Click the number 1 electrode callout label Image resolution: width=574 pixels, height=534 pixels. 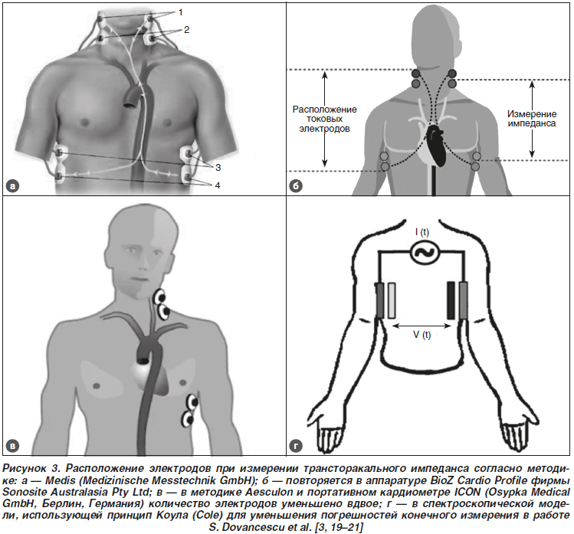(x=180, y=12)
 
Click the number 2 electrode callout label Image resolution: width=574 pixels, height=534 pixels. (x=187, y=30)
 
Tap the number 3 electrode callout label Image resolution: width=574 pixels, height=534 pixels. (x=218, y=167)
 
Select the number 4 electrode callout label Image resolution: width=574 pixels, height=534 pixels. (x=218, y=185)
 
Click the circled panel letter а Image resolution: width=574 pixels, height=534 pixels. (x=13, y=186)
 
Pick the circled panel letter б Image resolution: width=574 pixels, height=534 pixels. (x=296, y=186)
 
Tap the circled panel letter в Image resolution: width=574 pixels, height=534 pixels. (x=13, y=446)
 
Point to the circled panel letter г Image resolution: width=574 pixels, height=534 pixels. (x=296, y=446)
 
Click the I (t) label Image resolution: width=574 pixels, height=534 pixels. (x=422, y=232)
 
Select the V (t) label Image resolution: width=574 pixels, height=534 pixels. (x=421, y=335)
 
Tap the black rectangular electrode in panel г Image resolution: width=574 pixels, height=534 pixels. (x=451, y=300)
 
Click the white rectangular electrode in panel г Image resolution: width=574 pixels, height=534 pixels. (x=392, y=300)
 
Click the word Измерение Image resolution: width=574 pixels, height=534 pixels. (x=532, y=114)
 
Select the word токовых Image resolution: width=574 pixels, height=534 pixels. (x=325, y=119)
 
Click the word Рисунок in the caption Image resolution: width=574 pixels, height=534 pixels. (x=25, y=468)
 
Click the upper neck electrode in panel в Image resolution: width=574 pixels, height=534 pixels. (x=159, y=296)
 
